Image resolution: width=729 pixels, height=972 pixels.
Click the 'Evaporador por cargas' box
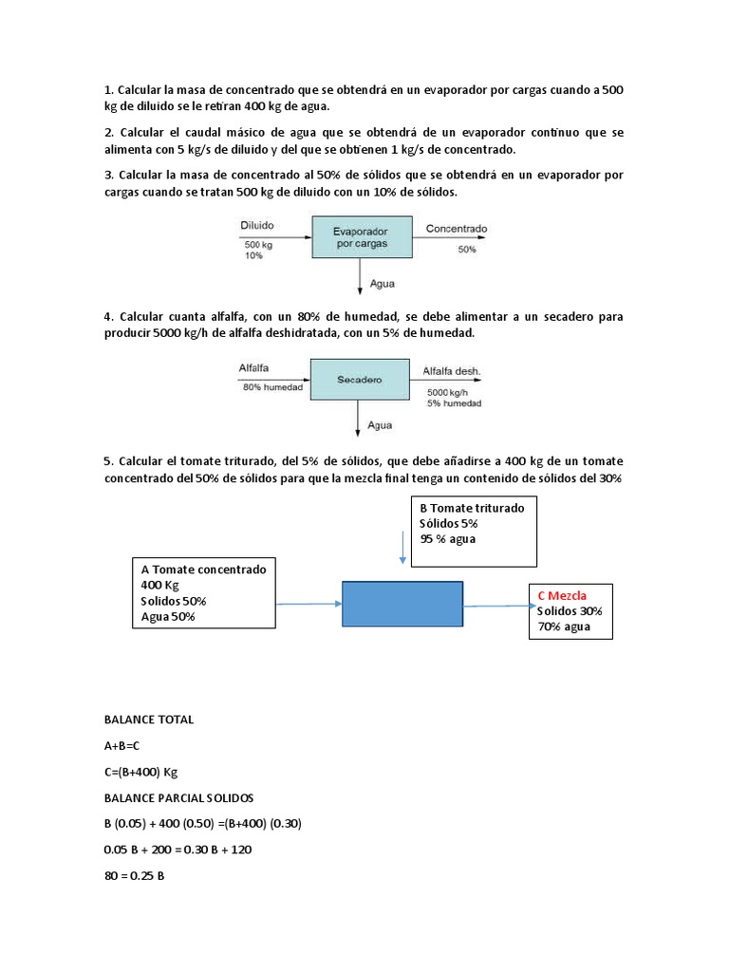pyautogui.click(x=362, y=236)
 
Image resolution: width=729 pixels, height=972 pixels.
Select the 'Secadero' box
pyautogui.click(x=359, y=379)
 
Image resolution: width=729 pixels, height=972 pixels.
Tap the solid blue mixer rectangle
pyautogui.click(x=402, y=604)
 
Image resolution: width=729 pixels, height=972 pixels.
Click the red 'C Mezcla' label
pyautogui.click(x=562, y=595)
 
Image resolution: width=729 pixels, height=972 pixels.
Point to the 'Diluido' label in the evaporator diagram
pyautogui.click(x=256, y=227)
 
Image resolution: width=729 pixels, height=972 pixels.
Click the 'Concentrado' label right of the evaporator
pyautogui.click(x=456, y=229)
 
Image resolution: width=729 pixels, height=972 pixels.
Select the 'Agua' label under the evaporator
pyautogui.click(x=381, y=283)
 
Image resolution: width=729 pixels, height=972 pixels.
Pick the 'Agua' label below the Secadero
pyautogui.click(x=380, y=425)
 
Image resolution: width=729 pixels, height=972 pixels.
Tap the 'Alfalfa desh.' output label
pyautogui.click(x=452, y=370)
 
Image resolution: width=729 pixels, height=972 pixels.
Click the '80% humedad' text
pyautogui.click(x=272, y=387)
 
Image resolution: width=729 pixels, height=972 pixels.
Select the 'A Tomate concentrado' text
pyautogui.click(x=203, y=570)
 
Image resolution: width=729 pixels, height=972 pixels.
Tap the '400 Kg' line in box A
pyautogui.click(x=159, y=585)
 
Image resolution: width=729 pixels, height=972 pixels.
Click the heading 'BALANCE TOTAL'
pyautogui.click(x=148, y=720)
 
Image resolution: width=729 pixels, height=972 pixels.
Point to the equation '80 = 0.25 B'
pyautogui.click(x=134, y=876)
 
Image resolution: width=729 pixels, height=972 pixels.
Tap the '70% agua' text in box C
pyautogui.click(x=564, y=626)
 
